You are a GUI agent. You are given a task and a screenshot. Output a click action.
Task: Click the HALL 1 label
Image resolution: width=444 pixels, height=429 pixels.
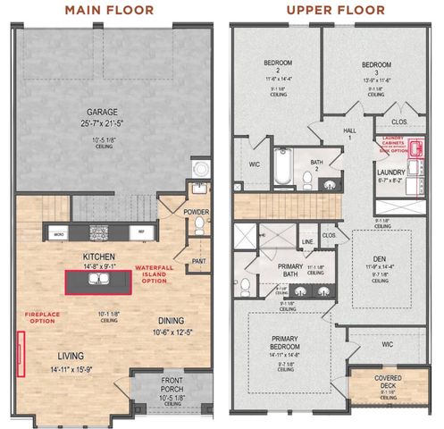(350, 131)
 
